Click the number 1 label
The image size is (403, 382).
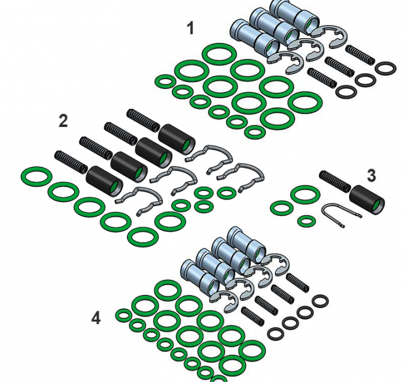pos(190,28)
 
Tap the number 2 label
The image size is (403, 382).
pos(63,121)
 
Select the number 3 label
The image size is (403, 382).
pos(372,176)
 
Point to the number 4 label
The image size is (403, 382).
pos(96,318)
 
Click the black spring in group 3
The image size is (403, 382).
pos(335,181)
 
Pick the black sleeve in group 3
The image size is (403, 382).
pos(367,200)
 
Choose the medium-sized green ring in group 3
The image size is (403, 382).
pos(282,208)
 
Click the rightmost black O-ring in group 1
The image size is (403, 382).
pos(386,68)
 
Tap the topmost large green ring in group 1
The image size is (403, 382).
pos(219,54)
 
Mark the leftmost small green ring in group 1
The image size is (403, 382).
pos(166,81)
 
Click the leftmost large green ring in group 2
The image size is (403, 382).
pos(36,177)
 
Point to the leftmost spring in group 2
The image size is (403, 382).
pos(71,162)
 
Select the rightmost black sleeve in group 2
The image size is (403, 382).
pos(177,139)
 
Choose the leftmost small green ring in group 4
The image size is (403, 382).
pos(124,315)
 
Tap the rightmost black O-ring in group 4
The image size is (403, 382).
pos(320,301)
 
